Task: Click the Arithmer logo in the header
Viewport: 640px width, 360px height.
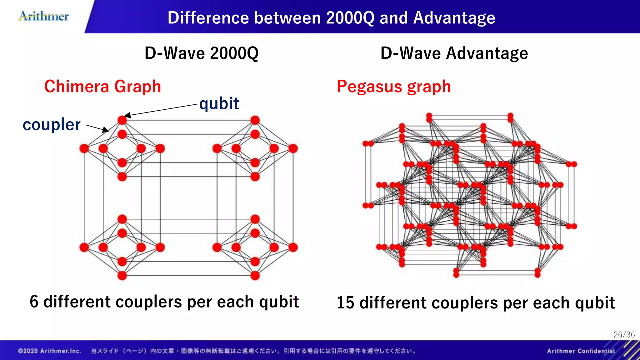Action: pyautogui.click(x=44, y=16)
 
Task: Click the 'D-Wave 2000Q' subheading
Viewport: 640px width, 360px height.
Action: pyautogui.click(x=202, y=53)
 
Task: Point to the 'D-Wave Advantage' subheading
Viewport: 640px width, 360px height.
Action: pyautogui.click(x=454, y=53)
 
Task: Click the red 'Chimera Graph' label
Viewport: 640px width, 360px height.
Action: pyautogui.click(x=102, y=87)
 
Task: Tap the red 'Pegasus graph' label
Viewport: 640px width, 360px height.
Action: pyautogui.click(x=394, y=87)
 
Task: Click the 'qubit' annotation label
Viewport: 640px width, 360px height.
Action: pyautogui.click(x=219, y=103)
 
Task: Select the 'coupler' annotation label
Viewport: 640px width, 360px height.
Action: pyautogui.click(x=52, y=125)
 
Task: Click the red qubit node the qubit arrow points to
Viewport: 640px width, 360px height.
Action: pyautogui.click(x=122, y=120)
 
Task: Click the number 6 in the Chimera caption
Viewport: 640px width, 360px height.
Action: pyautogui.click(x=34, y=302)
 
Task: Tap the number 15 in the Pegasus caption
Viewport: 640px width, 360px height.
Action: pyautogui.click(x=345, y=303)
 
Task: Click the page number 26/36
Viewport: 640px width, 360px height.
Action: pyautogui.click(x=624, y=335)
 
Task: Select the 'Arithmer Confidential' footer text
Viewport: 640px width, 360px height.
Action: pyautogui.click(x=581, y=351)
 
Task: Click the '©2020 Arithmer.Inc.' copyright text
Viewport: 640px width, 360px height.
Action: pyautogui.click(x=50, y=351)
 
